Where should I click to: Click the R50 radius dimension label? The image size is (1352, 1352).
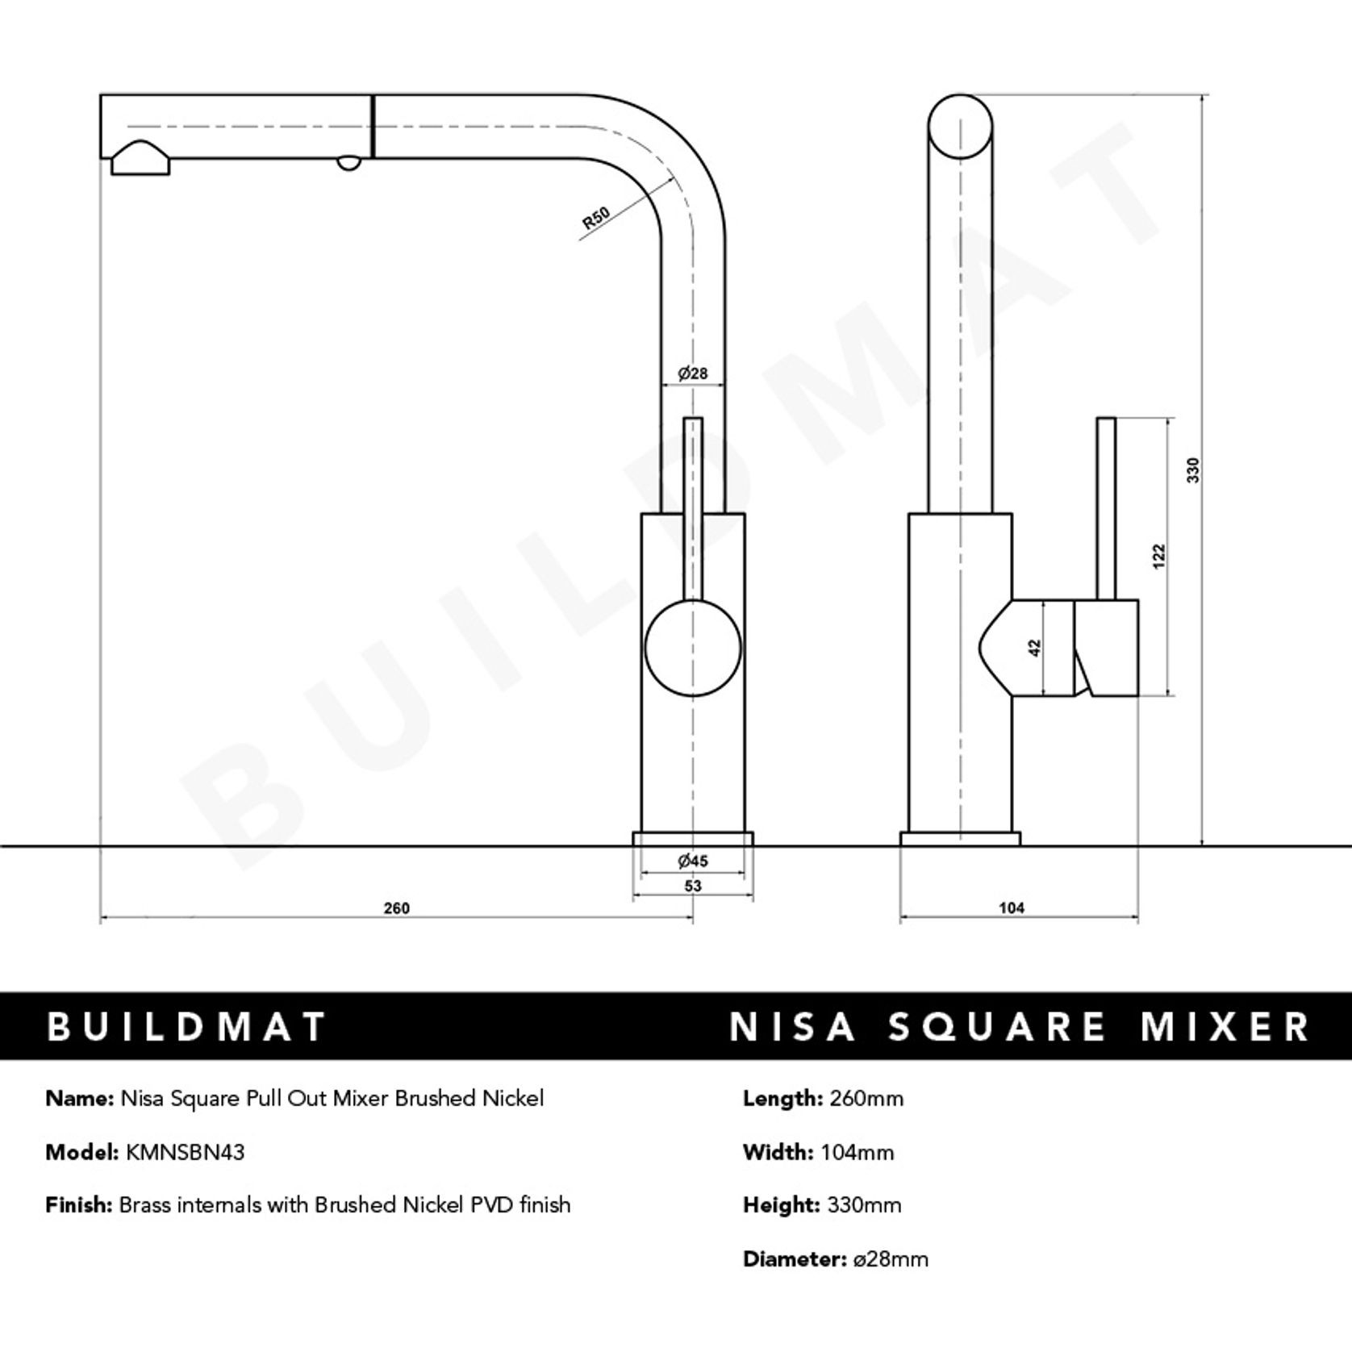[x=595, y=218]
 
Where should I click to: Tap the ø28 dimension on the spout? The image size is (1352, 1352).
[x=693, y=373]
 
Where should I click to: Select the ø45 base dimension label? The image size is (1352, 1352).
[x=693, y=862]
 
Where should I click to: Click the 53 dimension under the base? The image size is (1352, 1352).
[x=693, y=886]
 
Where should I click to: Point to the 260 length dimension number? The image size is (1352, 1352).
[x=396, y=908]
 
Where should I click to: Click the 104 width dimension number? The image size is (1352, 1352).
[x=1012, y=908]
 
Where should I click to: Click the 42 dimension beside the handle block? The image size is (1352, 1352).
[x=1036, y=648]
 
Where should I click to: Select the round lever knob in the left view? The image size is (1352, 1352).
[x=693, y=649]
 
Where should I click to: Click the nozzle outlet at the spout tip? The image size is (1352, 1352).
[x=140, y=160]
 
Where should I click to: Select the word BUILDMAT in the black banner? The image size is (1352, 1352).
[x=186, y=1027]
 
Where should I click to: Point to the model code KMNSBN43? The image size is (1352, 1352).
[x=185, y=1152]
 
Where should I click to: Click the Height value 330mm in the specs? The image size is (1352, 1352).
[x=864, y=1205]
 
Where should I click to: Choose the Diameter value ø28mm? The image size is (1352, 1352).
[x=891, y=1259]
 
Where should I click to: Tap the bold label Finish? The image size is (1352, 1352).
[x=79, y=1205]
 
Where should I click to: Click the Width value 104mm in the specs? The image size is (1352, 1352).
[x=857, y=1152]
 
